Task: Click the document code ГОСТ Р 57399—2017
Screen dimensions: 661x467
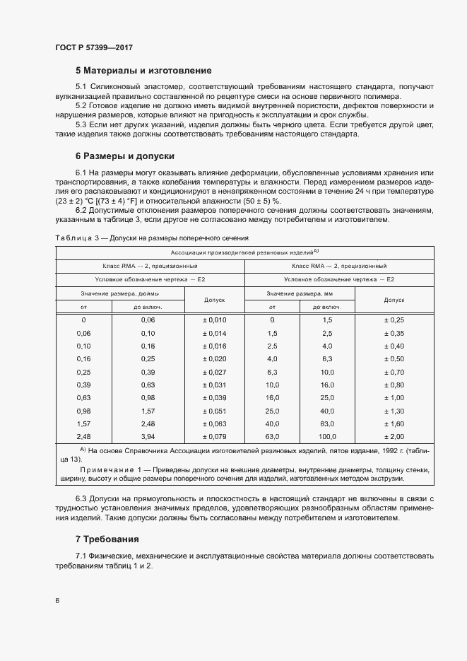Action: [x=94, y=47]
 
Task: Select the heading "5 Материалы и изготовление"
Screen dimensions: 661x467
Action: [x=143, y=71]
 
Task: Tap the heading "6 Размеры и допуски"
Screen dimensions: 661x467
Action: [x=125, y=156]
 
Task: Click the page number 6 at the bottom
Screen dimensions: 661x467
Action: [x=57, y=601]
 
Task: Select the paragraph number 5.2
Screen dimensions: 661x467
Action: [x=82, y=105]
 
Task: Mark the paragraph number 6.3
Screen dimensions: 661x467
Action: [x=82, y=499]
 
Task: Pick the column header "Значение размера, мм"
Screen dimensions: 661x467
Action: [x=300, y=293]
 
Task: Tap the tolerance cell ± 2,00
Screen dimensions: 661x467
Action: [x=394, y=435]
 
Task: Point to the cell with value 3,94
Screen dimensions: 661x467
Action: [x=147, y=435]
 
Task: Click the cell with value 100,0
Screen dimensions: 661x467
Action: [x=326, y=435]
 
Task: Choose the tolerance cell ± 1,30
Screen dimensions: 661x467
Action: [x=394, y=410]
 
